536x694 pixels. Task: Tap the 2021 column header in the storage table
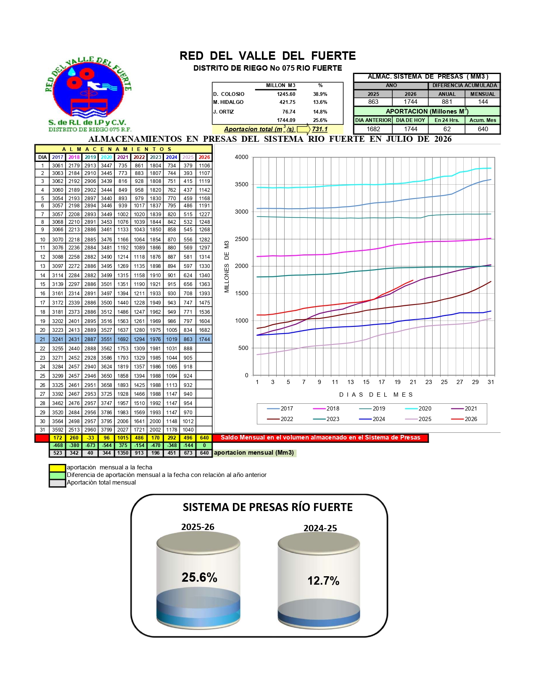pyautogui.click(x=123, y=157)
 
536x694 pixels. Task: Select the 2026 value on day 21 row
pyautogui.click(x=204, y=339)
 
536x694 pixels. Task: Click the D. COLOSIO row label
pyautogui.click(x=229, y=94)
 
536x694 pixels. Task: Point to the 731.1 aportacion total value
pyautogui.click(x=319, y=129)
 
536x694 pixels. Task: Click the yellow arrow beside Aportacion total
pyautogui.click(x=303, y=129)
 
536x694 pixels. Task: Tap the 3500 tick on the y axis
pyautogui.click(x=242, y=184)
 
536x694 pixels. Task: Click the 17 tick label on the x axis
pyautogui.click(x=382, y=382)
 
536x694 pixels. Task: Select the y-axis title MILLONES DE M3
pyautogui.click(x=227, y=267)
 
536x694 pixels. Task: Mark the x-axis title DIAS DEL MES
pyautogui.click(x=376, y=395)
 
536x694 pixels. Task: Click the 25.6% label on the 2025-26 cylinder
pyautogui.click(x=200, y=577)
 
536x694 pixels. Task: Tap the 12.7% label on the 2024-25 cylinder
pyautogui.click(x=323, y=580)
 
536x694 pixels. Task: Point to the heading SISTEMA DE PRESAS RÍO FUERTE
pyautogui.click(x=267, y=507)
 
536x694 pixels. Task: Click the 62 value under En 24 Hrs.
pyautogui.click(x=447, y=129)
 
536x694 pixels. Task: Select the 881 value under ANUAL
pyautogui.click(x=447, y=102)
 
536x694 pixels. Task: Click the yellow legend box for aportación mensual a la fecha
pyautogui.click(x=58, y=468)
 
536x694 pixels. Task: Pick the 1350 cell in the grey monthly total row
pyautogui.click(x=123, y=453)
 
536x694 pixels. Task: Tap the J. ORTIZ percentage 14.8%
pyautogui.click(x=320, y=112)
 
